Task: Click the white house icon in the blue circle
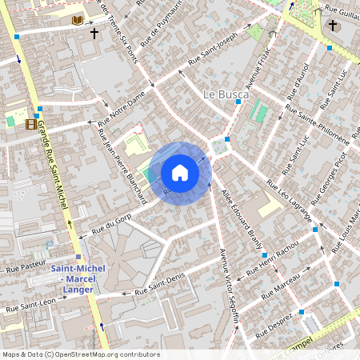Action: pyautogui.click(x=180, y=173)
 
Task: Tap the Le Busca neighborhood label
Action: pyautogui.click(x=226, y=94)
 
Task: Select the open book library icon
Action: pyautogui.click(x=78, y=20)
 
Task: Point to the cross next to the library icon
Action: pyautogui.click(x=94, y=34)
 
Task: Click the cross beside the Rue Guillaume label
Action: pyautogui.click(x=333, y=26)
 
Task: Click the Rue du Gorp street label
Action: pyautogui.click(x=111, y=223)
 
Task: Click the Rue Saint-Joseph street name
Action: pyautogui.click(x=213, y=50)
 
